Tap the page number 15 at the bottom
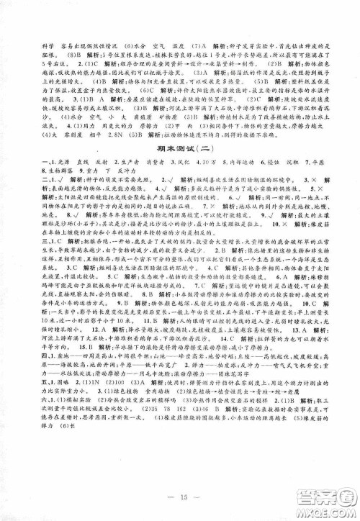[179, 496]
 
